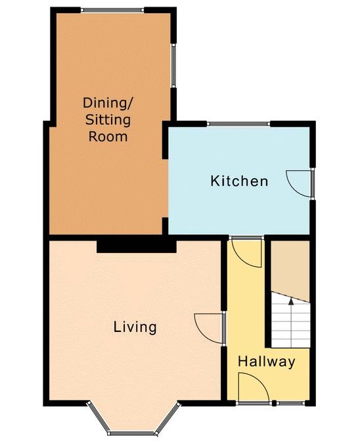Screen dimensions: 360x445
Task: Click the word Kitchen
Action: click(239, 181)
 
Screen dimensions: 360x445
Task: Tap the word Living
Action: click(135, 327)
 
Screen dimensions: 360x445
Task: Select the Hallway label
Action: click(266, 362)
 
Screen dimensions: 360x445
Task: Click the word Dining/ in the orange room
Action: click(108, 103)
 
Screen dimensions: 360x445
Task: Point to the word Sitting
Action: click(108, 120)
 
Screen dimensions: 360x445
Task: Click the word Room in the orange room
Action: click(108, 137)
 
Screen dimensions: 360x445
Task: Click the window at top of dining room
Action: click(112, 11)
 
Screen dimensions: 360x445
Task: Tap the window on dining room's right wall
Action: click(173, 66)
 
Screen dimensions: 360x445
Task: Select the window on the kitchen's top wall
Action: click(238, 124)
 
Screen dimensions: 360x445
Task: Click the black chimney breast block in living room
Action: click(137, 246)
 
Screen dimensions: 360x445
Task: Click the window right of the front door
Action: click(291, 403)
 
